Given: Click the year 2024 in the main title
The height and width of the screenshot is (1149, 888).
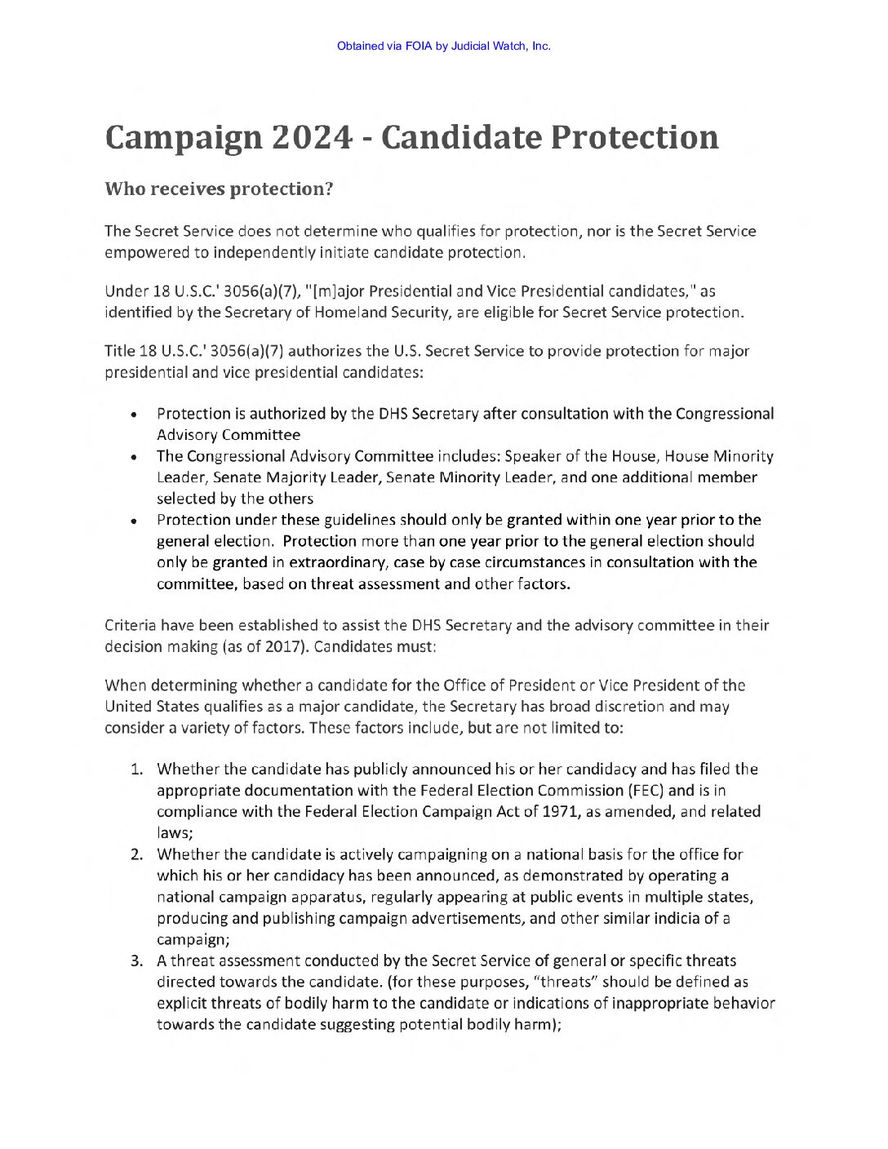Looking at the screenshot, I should click(x=312, y=137).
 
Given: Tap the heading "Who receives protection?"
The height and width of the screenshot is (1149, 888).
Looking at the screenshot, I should click(x=219, y=189).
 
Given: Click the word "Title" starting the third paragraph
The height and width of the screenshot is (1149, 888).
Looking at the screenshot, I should click(x=120, y=352).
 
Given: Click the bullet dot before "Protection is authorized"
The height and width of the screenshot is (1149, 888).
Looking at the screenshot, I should click(x=132, y=415).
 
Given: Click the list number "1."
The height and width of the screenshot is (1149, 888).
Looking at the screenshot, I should click(x=138, y=770).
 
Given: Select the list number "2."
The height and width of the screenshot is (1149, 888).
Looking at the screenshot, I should click(x=138, y=855).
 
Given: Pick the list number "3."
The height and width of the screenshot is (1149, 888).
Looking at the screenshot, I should click(x=138, y=961).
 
